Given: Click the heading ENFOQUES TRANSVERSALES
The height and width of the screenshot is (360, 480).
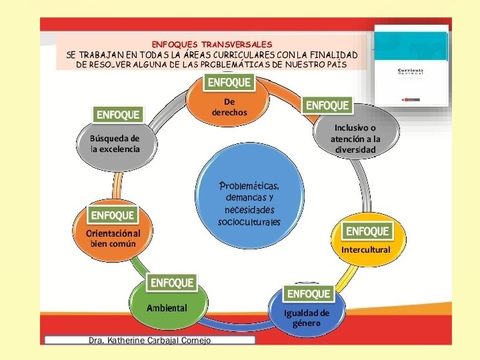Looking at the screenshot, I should tap(211, 44).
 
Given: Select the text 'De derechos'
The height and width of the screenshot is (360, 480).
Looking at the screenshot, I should tap(229, 107).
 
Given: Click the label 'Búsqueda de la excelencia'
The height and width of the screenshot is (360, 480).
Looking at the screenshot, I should tap(115, 143).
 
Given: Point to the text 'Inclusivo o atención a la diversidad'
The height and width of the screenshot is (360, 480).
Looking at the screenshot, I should tap(355, 139).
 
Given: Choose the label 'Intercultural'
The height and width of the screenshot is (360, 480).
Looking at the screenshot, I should tap(365, 249).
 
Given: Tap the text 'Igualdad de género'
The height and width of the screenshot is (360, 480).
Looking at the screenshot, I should tap(307, 318).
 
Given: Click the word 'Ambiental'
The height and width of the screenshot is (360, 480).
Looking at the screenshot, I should tap(167, 308).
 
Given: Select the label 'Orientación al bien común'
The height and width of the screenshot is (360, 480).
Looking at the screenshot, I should tap(113, 239).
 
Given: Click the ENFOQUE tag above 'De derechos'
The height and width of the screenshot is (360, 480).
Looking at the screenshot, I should tap(230, 83).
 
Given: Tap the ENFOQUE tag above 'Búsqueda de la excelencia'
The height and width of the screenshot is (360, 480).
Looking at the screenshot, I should tap(119, 115).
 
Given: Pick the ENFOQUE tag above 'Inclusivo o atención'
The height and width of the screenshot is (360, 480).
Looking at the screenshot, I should tap(327, 105).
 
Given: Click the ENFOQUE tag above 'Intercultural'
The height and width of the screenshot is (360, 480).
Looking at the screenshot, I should tap(367, 231).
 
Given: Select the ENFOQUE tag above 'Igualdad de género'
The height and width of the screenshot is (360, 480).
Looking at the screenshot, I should tap(309, 293).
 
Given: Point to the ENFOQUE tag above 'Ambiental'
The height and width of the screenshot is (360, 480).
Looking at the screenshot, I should tap(172, 283).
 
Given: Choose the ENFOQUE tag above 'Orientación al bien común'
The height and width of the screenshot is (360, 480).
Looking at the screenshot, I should tap(113, 215).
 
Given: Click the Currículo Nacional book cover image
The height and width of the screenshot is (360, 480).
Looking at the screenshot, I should tap(411, 65).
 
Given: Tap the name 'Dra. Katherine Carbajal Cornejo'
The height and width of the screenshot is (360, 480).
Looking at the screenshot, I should tap(149, 340).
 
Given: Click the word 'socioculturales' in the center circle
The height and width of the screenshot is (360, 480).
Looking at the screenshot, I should tap(249, 221).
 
